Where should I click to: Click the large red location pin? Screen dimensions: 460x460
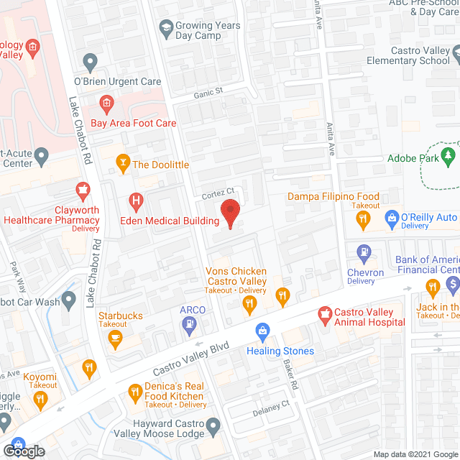point(229,213)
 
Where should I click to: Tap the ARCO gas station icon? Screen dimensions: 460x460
point(188,324)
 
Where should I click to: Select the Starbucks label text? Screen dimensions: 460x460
point(121,316)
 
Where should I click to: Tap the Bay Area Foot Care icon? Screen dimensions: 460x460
point(106,104)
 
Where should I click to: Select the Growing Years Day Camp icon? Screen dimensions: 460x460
point(166,30)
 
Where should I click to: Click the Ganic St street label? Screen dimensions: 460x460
point(208,92)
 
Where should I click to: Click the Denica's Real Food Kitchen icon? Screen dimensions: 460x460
point(134,392)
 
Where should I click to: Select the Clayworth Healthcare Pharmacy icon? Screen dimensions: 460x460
point(83,191)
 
